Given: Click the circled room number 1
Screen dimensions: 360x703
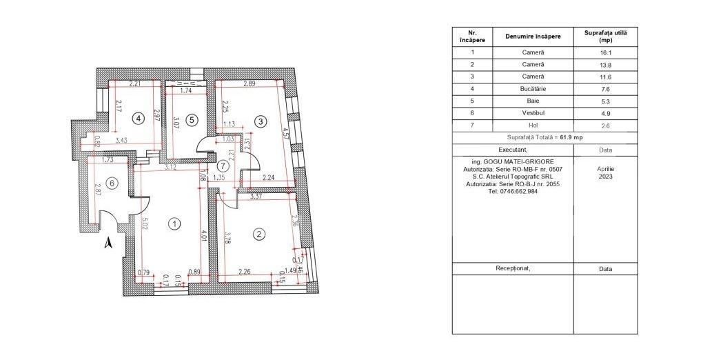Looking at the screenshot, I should [x=175, y=223].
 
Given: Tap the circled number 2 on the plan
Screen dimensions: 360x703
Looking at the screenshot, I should [x=259, y=234].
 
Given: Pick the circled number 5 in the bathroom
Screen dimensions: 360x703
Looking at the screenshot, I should [x=192, y=119].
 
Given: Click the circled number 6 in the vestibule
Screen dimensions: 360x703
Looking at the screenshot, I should [x=114, y=182].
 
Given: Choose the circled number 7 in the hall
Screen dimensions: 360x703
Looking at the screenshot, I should [x=222, y=166].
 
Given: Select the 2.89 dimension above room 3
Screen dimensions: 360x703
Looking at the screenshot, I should [x=248, y=84].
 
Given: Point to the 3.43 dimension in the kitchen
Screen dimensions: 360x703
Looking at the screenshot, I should [x=121, y=141].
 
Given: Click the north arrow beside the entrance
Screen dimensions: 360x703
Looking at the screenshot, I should [x=108, y=242].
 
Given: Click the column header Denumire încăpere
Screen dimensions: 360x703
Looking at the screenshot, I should [x=533, y=36].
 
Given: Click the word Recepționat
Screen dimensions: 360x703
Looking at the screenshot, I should [x=513, y=268].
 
